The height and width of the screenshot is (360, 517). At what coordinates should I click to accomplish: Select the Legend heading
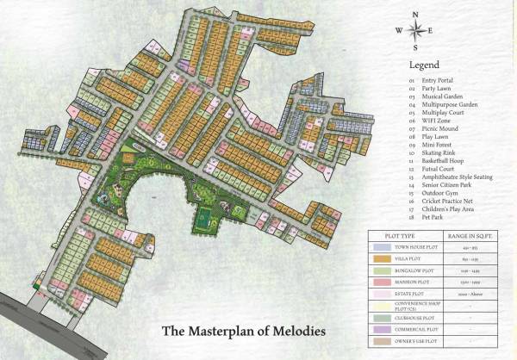coord(424,65)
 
